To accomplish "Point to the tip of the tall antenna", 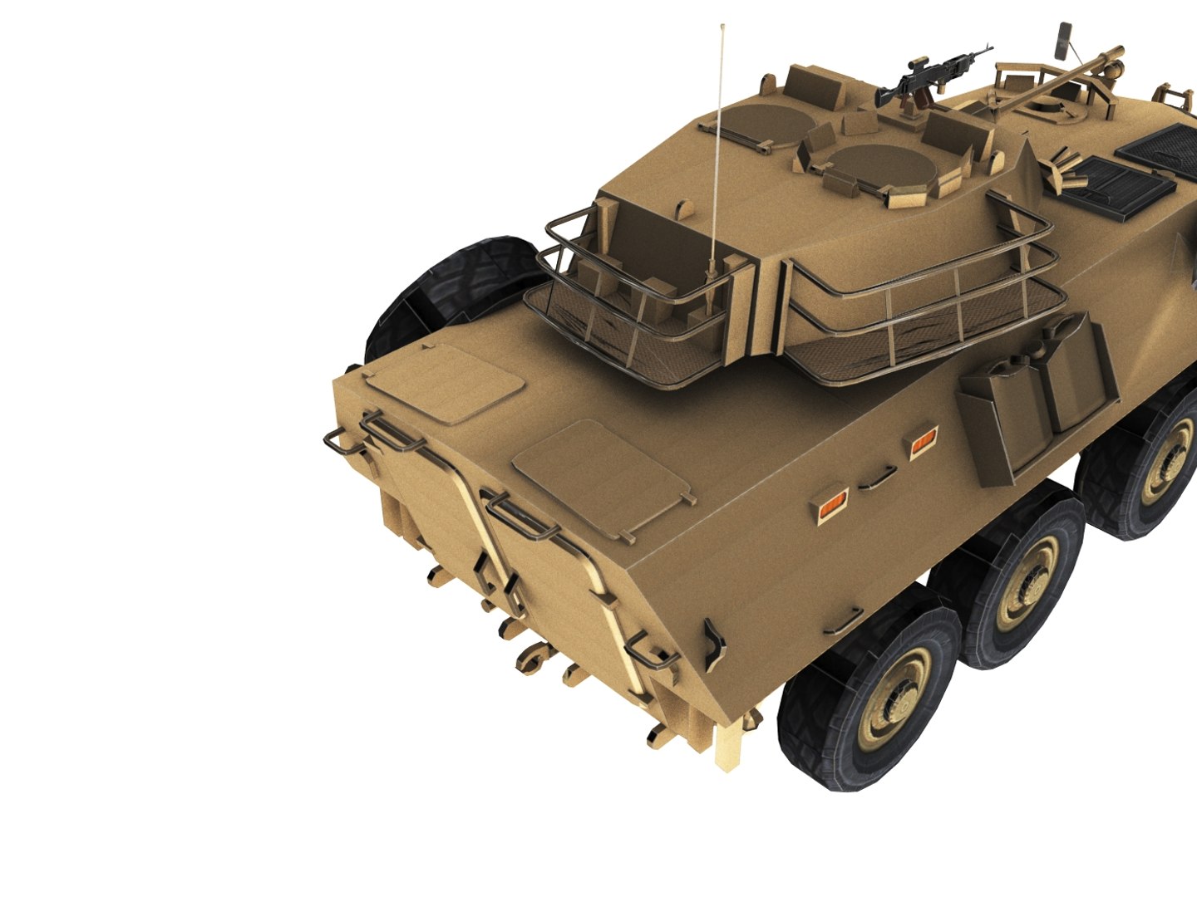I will tap(722, 27).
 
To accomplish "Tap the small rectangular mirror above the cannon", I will tap(1063, 39).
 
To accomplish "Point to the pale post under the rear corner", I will tap(727, 747).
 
